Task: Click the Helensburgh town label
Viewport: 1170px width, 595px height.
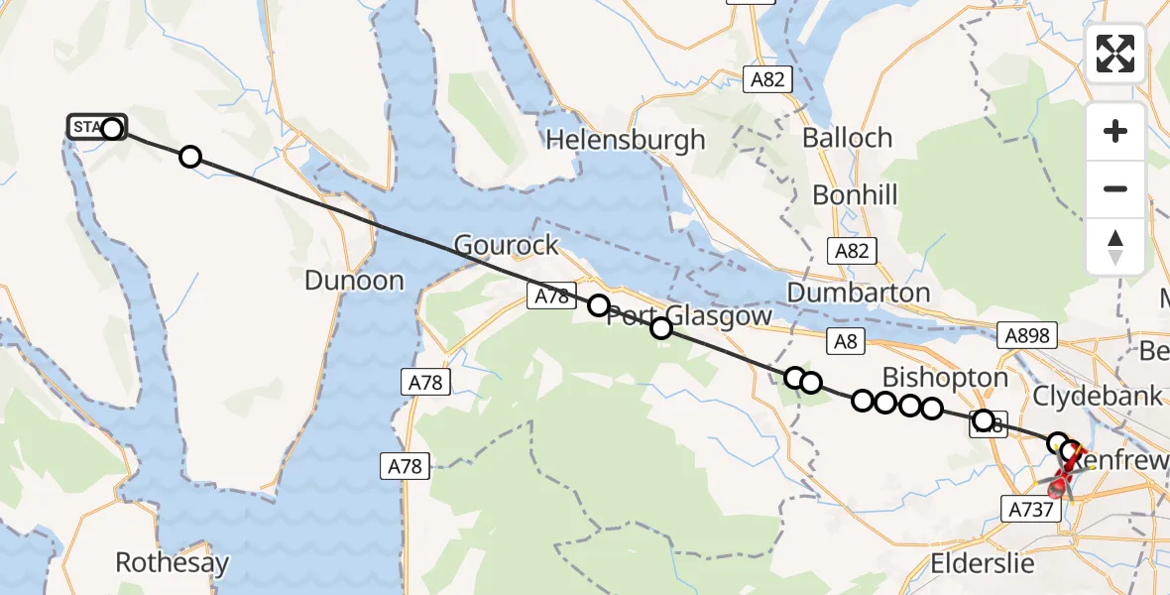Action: click(626, 140)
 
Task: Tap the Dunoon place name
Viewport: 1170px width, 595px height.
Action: click(354, 281)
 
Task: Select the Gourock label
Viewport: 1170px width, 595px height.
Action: click(506, 245)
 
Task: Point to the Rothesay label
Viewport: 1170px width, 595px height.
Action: click(173, 563)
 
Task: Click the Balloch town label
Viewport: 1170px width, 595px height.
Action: click(848, 138)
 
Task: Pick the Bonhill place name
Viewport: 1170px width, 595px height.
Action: click(855, 194)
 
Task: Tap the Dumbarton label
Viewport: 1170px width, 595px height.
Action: click(859, 293)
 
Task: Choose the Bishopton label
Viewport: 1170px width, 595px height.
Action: click(945, 377)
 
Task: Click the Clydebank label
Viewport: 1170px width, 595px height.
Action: click(1098, 396)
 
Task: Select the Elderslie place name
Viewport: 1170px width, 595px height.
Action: click(983, 564)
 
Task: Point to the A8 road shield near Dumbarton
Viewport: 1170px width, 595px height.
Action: click(845, 342)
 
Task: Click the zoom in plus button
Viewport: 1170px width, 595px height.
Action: click(1115, 131)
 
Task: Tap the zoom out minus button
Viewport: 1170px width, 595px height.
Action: click(1115, 188)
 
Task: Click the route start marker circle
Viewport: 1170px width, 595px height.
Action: click(112, 128)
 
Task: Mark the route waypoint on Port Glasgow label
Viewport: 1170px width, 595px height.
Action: click(660, 328)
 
